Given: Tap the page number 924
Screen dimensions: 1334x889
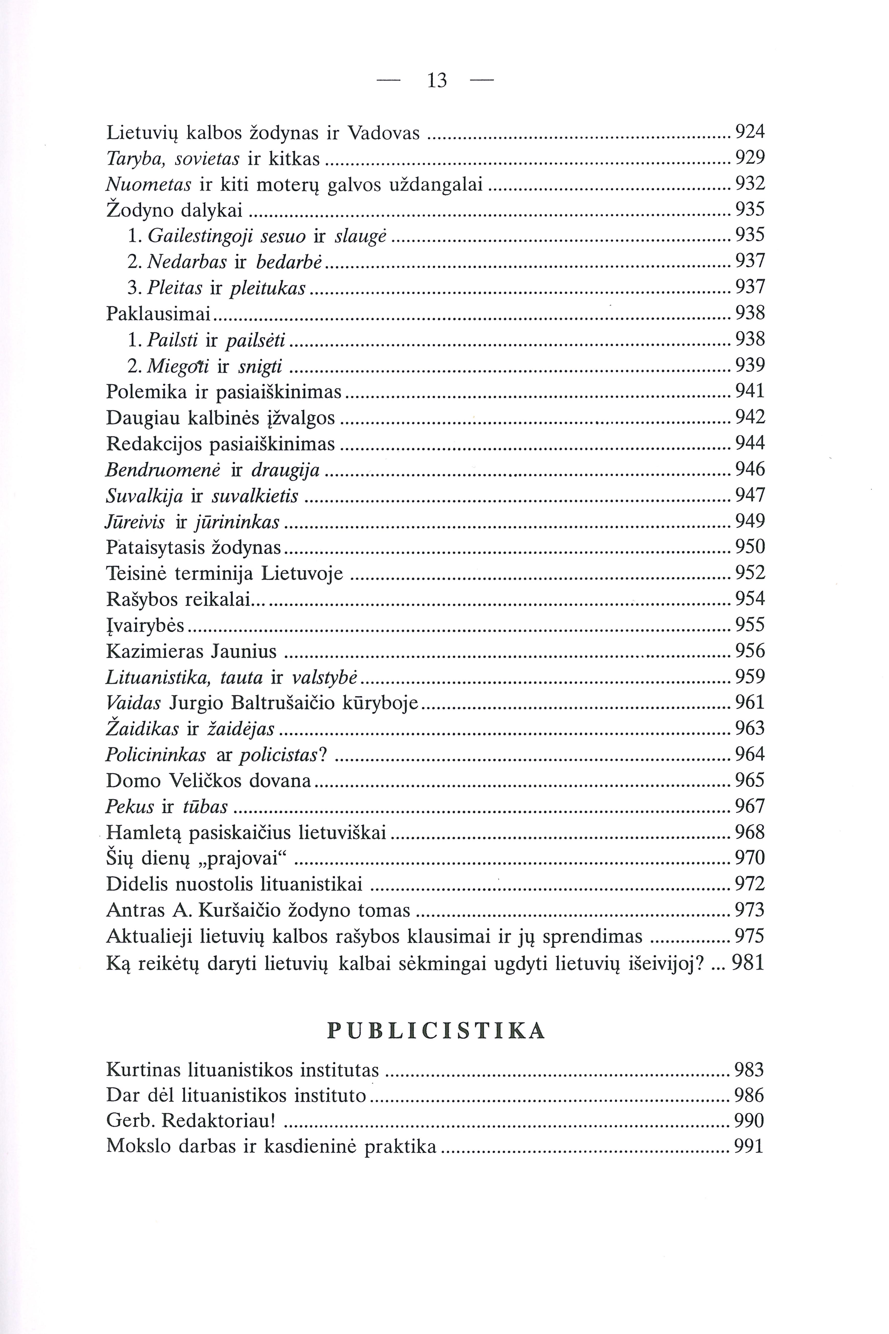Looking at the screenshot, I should click(750, 132).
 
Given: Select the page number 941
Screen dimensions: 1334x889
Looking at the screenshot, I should click(750, 391).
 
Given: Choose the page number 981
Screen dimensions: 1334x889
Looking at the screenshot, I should click(748, 963).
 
